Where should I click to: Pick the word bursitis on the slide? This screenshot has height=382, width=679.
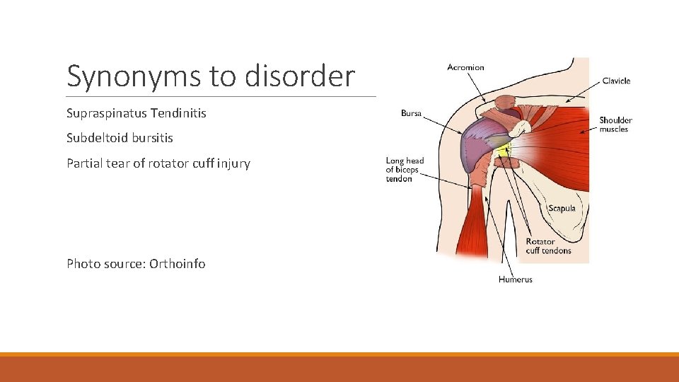(x=152, y=138)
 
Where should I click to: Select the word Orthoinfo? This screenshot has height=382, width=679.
(x=178, y=264)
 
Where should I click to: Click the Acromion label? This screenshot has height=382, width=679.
(x=465, y=67)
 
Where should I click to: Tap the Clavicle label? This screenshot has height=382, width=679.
(x=616, y=81)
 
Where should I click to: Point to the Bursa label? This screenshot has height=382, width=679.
(x=411, y=113)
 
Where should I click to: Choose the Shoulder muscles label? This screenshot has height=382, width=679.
(x=615, y=125)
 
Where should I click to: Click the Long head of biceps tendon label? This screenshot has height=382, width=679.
(x=405, y=170)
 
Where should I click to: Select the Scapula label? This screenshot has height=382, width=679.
(x=562, y=209)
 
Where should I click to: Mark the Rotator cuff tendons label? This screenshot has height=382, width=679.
(x=548, y=246)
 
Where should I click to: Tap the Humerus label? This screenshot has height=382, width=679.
(x=515, y=279)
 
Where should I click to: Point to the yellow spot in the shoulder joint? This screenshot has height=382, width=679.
(x=503, y=149)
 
